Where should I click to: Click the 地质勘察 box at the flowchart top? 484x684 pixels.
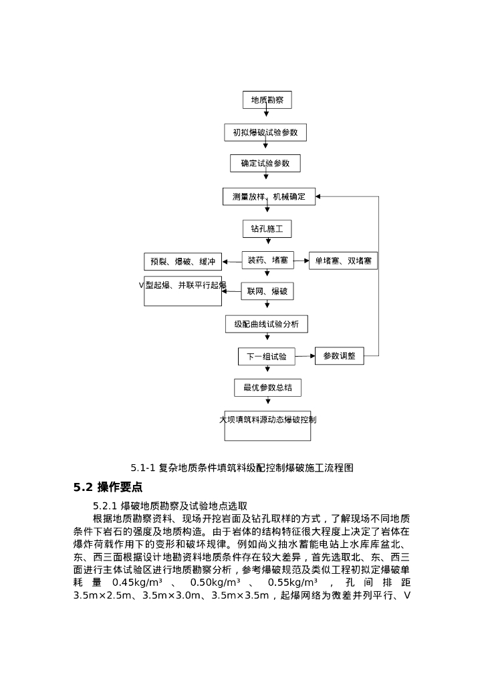pyautogui.click(x=267, y=100)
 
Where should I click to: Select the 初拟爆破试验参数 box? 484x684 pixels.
pyautogui.click(x=265, y=132)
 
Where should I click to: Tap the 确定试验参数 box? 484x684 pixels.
pyautogui.click(x=265, y=163)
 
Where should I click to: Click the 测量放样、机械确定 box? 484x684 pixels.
pyautogui.click(x=268, y=196)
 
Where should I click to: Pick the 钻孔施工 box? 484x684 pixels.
pyautogui.click(x=267, y=228)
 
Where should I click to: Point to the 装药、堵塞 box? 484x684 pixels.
pyautogui.click(x=267, y=260)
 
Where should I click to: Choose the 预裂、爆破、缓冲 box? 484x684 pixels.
pyautogui.click(x=183, y=261)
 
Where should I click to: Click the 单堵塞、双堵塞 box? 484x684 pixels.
pyautogui.click(x=343, y=261)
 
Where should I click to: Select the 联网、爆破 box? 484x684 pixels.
pyautogui.click(x=267, y=291)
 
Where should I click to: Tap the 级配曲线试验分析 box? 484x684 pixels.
pyautogui.click(x=266, y=324)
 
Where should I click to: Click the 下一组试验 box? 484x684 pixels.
pyautogui.click(x=266, y=357)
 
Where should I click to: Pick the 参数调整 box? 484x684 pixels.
pyautogui.click(x=339, y=355)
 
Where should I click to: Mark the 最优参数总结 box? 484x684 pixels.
pyautogui.click(x=267, y=387)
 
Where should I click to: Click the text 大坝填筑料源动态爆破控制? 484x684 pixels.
pyautogui.click(x=267, y=419)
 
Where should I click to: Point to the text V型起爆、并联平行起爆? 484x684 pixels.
pyautogui.click(x=183, y=285)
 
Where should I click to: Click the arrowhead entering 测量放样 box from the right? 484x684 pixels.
pyautogui.click(x=319, y=196)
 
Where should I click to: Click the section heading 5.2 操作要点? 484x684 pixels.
pyautogui.click(x=108, y=487)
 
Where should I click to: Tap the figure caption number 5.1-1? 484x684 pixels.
pyautogui.click(x=143, y=468)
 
